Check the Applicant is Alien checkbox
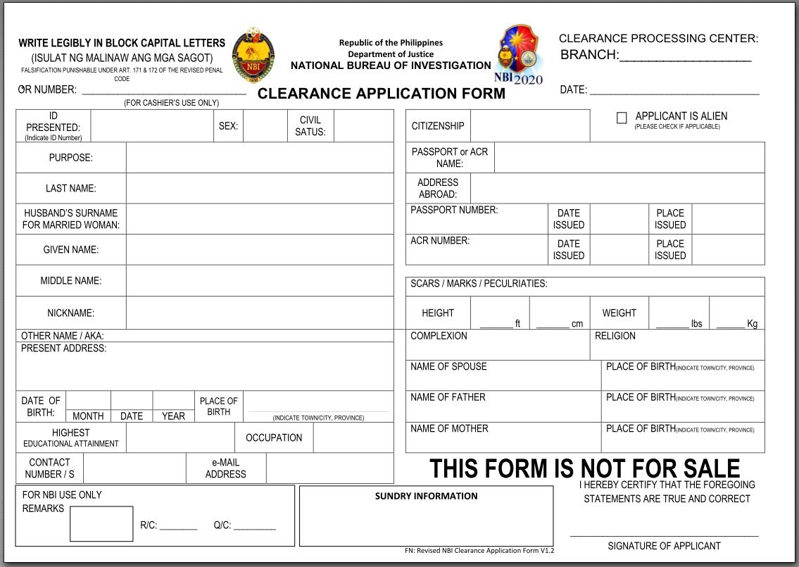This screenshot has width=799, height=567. click(622, 118)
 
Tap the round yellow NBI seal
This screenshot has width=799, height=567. click(253, 56)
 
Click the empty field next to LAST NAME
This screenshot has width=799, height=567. click(260, 188)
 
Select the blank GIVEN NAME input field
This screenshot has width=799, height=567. click(260, 249)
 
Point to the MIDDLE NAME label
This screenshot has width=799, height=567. click(71, 280)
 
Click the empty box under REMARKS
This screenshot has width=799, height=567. click(101, 523)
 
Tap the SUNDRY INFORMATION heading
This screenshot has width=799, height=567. click(426, 496)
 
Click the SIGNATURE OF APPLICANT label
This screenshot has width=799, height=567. click(664, 546)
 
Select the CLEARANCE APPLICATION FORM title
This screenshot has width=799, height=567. click(382, 94)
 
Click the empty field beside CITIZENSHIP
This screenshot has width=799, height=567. click(529, 126)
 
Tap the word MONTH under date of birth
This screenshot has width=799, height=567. click(88, 416)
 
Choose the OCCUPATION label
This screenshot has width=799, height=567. click(274, 437)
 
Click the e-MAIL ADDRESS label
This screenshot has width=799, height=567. click(225, 468)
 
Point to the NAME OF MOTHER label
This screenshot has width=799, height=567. click(449, 428)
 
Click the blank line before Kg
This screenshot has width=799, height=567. click(730, 324)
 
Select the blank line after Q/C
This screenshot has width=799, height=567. click(254, 525)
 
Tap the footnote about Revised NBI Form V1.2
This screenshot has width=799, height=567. click(479, 551)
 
